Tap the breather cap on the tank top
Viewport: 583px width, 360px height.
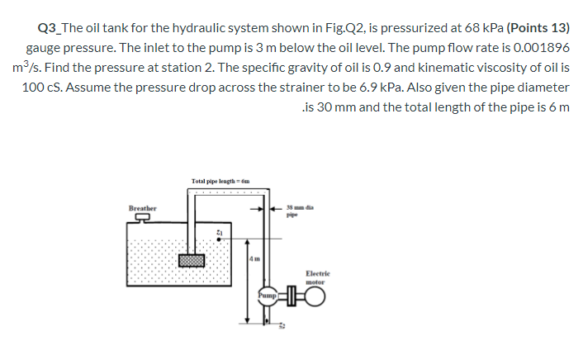click(143, 218)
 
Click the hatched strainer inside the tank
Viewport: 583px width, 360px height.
click(192, 259)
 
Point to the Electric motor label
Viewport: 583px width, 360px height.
click(317, 277)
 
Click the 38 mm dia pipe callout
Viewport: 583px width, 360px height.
click(296, 211)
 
